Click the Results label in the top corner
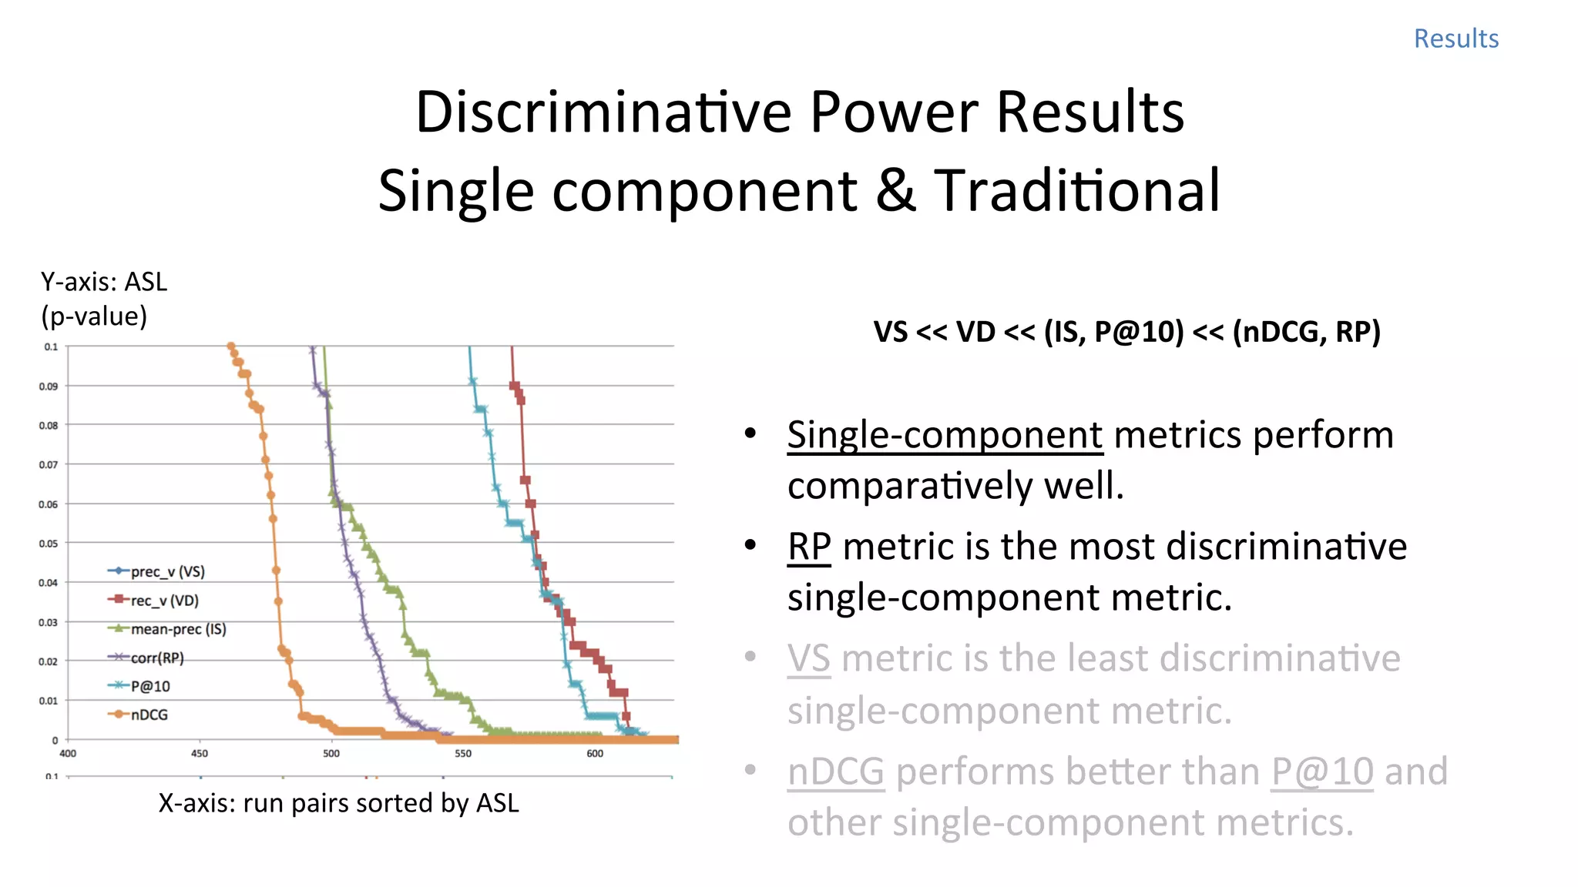point(1455,38)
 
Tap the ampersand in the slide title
point(895,190)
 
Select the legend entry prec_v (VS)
point(167,571)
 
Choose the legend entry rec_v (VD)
point(164,601)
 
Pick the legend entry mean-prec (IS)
point(178,629)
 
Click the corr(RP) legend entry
point(157,658)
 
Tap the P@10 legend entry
point(150,686)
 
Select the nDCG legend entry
point(149,715)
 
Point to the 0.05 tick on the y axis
point(49,544)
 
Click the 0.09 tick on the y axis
point(49,387)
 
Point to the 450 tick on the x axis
point(200,754)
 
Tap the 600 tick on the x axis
point(595,754)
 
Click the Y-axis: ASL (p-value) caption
point(103,299)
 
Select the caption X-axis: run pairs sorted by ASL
point(338,803)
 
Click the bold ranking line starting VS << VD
point(1126,332)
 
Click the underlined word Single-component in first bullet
point(945,435)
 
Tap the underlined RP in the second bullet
point(808,547)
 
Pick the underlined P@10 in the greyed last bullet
point(1321,772)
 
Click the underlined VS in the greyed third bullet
point(808,658)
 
